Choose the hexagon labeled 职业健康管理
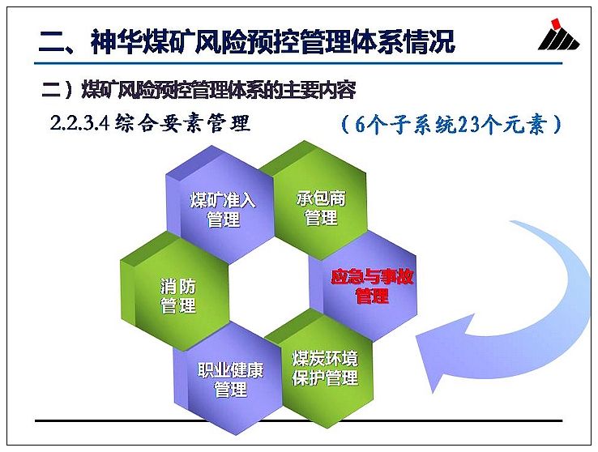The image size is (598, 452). point(229,379)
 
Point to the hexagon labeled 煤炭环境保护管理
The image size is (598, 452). point(323,368)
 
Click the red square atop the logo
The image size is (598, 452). point(557,23)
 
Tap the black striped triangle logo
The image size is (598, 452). point(559,39)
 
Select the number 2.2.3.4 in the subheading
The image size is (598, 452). point(80,123)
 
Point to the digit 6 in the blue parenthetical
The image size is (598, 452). point(360,124)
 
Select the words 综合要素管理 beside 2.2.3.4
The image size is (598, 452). point(182,123)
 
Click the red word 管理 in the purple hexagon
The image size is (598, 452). point(372,296)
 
